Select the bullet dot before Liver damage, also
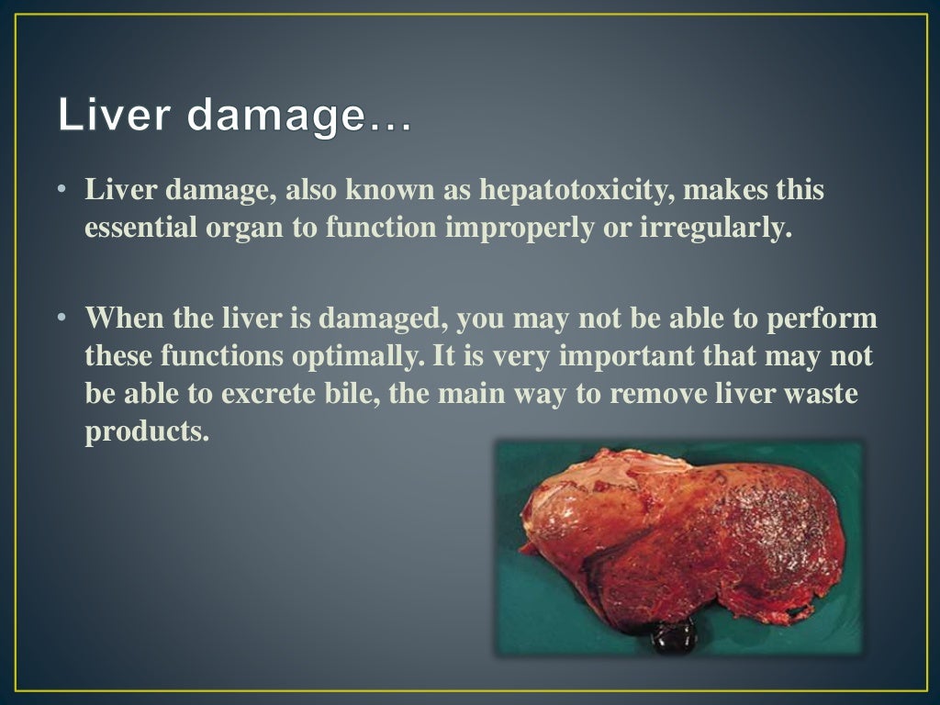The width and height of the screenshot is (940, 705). (x=62, y=191)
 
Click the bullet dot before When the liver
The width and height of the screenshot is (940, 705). (x=62, y=319)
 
